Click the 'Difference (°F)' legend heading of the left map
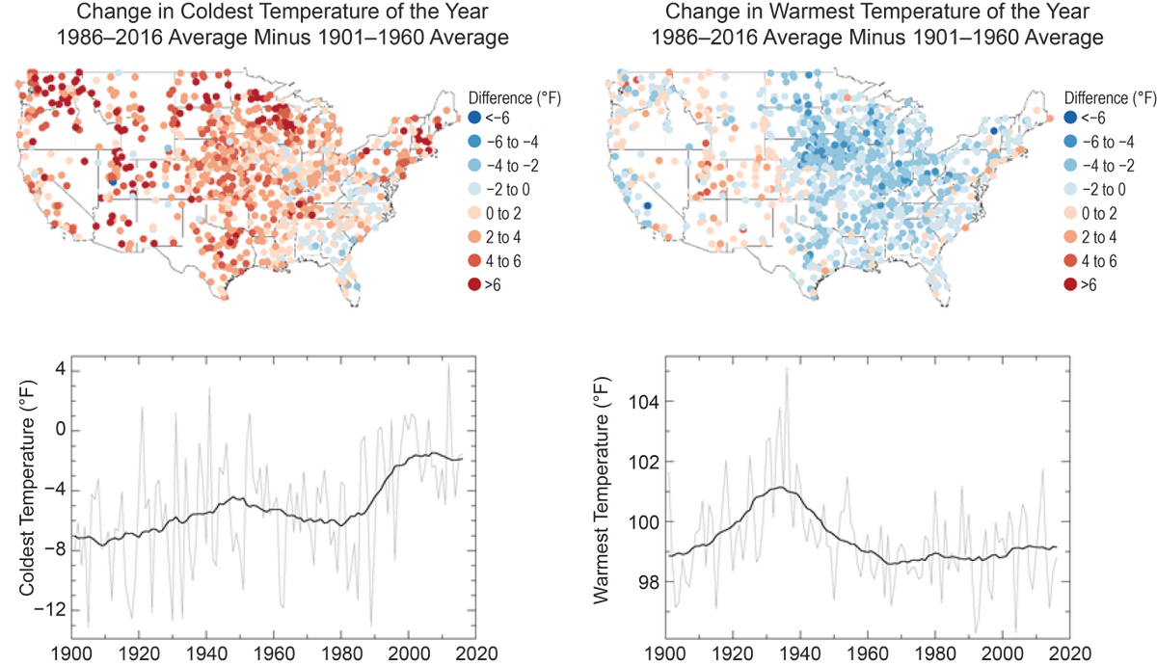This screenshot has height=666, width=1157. click(514, 97)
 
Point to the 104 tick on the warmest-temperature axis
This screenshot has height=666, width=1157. click(643, 401)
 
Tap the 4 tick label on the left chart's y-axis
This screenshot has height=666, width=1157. click(59, 370)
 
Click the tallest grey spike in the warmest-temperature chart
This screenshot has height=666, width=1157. click(787, 368)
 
